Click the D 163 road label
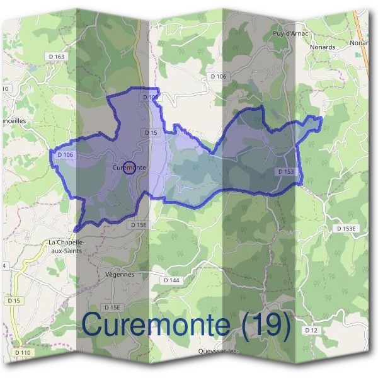click(56, 57)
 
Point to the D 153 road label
click(286, 171)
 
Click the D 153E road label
click(346, 227)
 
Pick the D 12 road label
click(311, 330)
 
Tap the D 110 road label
click(22, 352)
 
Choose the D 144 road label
click(171, 280)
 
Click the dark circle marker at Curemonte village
click(129, 168)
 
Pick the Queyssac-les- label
click(218, 351)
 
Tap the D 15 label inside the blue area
click(151, 133)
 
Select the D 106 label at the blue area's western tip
click(66, 154)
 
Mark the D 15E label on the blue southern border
click(138, 225)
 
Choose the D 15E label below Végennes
click(112, 307)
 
